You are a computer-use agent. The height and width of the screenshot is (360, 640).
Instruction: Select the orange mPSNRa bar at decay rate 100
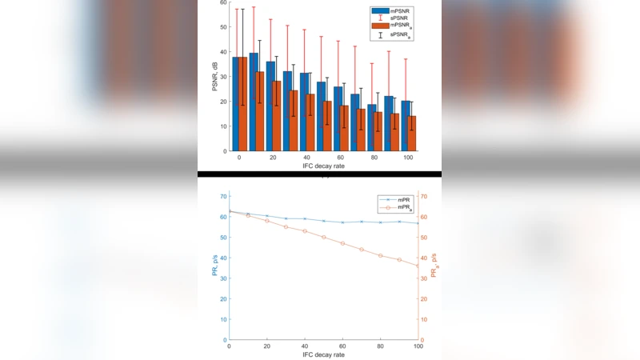[412, 134]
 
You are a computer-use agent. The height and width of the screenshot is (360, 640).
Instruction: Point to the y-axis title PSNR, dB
[214, 75]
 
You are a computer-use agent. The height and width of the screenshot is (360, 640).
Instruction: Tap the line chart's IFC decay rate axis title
[323, 354]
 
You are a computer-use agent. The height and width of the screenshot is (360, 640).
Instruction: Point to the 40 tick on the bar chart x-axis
[306, 158]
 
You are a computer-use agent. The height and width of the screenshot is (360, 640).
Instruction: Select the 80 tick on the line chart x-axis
[380, 346]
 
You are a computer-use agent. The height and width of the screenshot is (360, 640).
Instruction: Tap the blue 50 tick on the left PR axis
[223, 237]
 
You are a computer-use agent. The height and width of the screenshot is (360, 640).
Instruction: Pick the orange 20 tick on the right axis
[426, 299]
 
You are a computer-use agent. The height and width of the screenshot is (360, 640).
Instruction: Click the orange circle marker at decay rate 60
[342, 243]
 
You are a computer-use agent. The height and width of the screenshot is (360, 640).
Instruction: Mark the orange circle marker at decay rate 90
[399, 260]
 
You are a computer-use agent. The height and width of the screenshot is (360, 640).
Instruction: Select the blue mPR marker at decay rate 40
[305, 218]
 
